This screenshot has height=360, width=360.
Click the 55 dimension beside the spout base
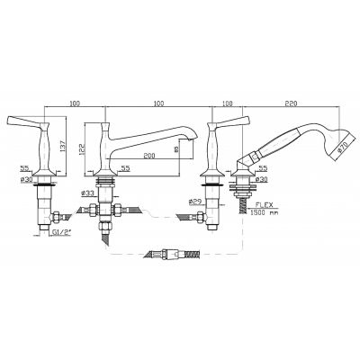[x=127, y=167]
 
